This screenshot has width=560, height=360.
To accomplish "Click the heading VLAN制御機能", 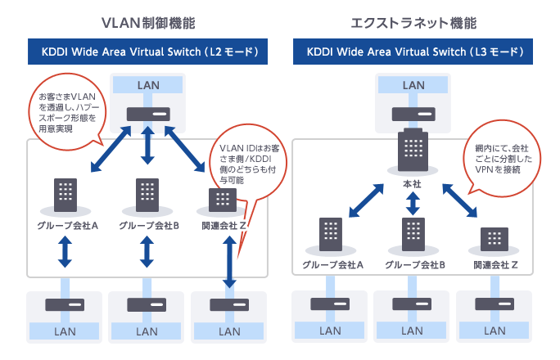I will coord(147,22).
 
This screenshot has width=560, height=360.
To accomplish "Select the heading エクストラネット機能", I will coord(413,22).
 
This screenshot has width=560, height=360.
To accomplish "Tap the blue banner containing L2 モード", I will coord(147,52).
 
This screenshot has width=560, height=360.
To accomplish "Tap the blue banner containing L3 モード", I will coord(413,52).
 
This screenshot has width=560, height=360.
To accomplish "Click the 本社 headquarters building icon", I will coord(413,151).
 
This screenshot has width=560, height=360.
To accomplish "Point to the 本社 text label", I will coord(413,184).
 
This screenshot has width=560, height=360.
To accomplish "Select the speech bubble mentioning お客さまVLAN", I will coord(69,110).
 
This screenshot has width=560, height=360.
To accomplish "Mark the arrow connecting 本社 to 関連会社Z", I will coord(459,200).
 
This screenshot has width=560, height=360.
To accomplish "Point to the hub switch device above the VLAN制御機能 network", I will coord(147,115).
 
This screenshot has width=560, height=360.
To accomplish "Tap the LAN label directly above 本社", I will coord(413,85).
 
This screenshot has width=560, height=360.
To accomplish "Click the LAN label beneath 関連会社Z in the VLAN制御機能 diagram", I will coord(230,331).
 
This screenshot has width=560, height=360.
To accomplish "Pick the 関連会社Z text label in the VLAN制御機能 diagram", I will coord(228,225).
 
